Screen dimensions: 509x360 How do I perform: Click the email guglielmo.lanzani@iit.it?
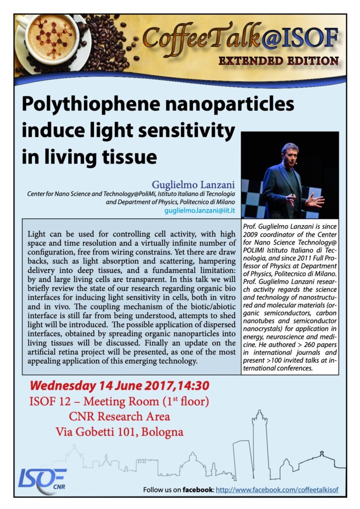(x=199, y=211)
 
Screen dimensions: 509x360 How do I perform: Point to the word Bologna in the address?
(x=162, y=431)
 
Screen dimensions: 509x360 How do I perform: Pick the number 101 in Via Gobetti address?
(x=122, y=431)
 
